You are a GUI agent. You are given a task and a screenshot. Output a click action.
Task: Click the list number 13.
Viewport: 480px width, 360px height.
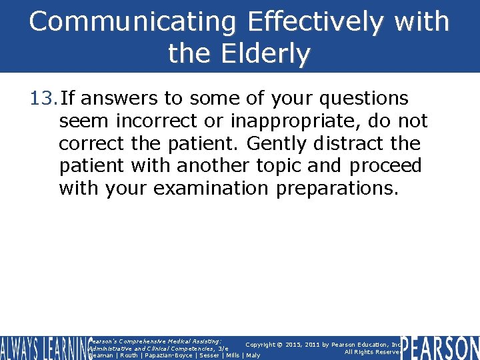coord(43,99)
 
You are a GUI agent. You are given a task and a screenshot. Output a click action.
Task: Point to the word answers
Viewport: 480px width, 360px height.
coord(119,99)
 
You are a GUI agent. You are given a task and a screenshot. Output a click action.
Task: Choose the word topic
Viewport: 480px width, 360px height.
coord(273,165)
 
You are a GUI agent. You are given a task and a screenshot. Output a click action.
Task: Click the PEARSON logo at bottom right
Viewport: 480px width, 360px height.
coord(440,347)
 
